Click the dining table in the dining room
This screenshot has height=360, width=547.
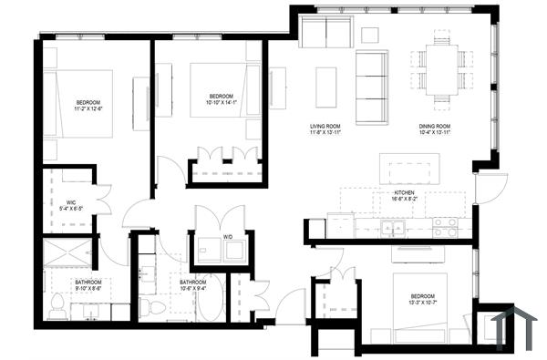click(441, 66)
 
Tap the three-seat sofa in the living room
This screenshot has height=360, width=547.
click(371, 87)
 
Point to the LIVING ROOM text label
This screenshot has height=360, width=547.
click(325, 127)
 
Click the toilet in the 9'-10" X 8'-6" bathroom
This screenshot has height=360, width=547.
click(56, 304)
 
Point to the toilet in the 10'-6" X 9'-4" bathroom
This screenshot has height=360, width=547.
click(146, 303)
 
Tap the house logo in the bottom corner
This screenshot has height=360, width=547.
click(511, 324)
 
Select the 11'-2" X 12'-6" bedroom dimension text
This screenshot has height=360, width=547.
click(88, 108)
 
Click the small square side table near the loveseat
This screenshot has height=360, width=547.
click(369, 35)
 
